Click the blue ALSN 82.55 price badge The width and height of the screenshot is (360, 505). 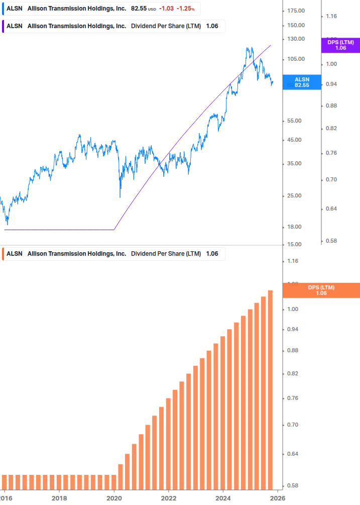[x=302, y=82]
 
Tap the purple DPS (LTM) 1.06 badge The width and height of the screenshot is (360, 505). [x=340, y=45]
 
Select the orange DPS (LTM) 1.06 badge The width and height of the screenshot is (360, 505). [x=321, y=290]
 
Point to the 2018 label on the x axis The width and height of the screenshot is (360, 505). [x=59, y=498]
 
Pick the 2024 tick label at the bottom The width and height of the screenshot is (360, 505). [x=223, y=498]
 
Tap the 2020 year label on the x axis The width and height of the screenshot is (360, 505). [x=114, y=498]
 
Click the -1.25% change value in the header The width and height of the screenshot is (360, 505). [x=186, y=9]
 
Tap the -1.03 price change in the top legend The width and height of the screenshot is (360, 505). [x=167, y=9]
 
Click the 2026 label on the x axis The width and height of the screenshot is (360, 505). [x=278, y=498]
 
